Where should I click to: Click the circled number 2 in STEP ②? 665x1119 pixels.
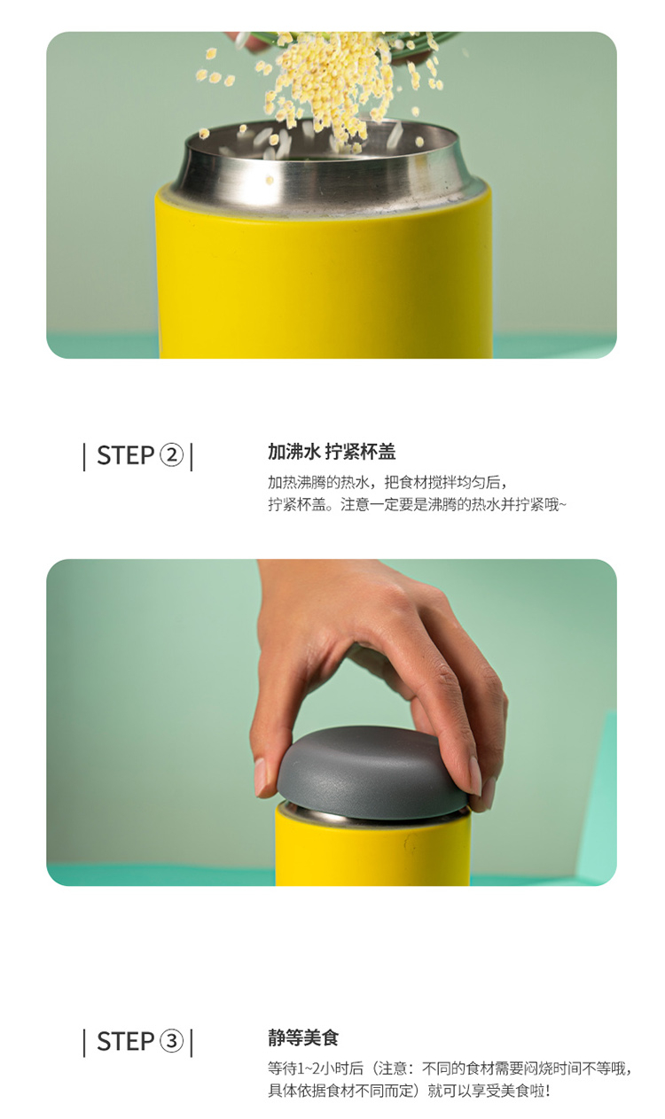click(x=171, y=455)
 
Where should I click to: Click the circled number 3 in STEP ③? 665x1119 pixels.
click(x=171, y=1042)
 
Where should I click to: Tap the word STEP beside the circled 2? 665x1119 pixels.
click(x=126, y=455)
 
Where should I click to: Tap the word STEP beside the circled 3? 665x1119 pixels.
click(x=126, y=1042)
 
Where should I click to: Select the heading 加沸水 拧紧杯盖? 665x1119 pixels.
click(x=332, y=452)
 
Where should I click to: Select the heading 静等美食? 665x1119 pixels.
click(x=303, y=1037)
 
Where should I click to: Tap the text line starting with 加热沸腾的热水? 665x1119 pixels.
click(x=388, y=482)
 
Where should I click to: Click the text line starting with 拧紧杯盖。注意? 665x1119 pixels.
click(x=417, y=504)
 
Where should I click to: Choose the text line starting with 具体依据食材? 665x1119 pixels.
click(x=409, y=1091)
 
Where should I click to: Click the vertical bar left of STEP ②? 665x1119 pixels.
click(x=84, y=457)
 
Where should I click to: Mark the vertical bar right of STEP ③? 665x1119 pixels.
click(x=192, y=1043)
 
